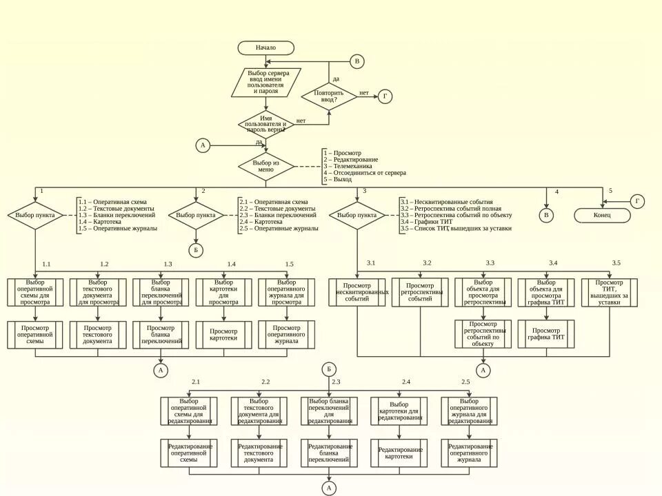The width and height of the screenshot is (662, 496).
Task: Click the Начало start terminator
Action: pos(265,48)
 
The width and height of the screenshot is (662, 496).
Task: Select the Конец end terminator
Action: pos(602,215)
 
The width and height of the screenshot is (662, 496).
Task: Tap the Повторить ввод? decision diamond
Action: pos(329,96)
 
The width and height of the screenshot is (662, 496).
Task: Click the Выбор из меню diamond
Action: pos(265,166)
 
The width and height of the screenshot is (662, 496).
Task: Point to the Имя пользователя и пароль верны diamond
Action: pos(265,125)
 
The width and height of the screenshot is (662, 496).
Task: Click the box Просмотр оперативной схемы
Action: pos(35,334)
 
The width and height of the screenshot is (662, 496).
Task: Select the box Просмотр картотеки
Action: pos(223,334)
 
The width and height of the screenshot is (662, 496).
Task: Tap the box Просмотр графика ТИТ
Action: pos(546,334)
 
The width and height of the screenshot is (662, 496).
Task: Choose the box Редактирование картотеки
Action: pos(399,453)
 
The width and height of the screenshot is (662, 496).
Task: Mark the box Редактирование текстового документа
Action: pos(259,453)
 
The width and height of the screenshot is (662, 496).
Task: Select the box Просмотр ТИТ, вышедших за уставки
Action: pos(609,292)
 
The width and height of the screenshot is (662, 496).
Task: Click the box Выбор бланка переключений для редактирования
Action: pos(329,411)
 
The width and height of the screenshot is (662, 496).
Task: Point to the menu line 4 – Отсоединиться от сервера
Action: pos(365,173)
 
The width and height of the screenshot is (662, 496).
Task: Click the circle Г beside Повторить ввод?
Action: pos(385,96)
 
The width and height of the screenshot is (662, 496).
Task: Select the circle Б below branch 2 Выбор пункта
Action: pos(196,249)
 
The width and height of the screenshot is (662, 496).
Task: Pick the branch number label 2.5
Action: pos(465,382)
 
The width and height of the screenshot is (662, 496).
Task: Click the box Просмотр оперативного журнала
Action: pos(286,334)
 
